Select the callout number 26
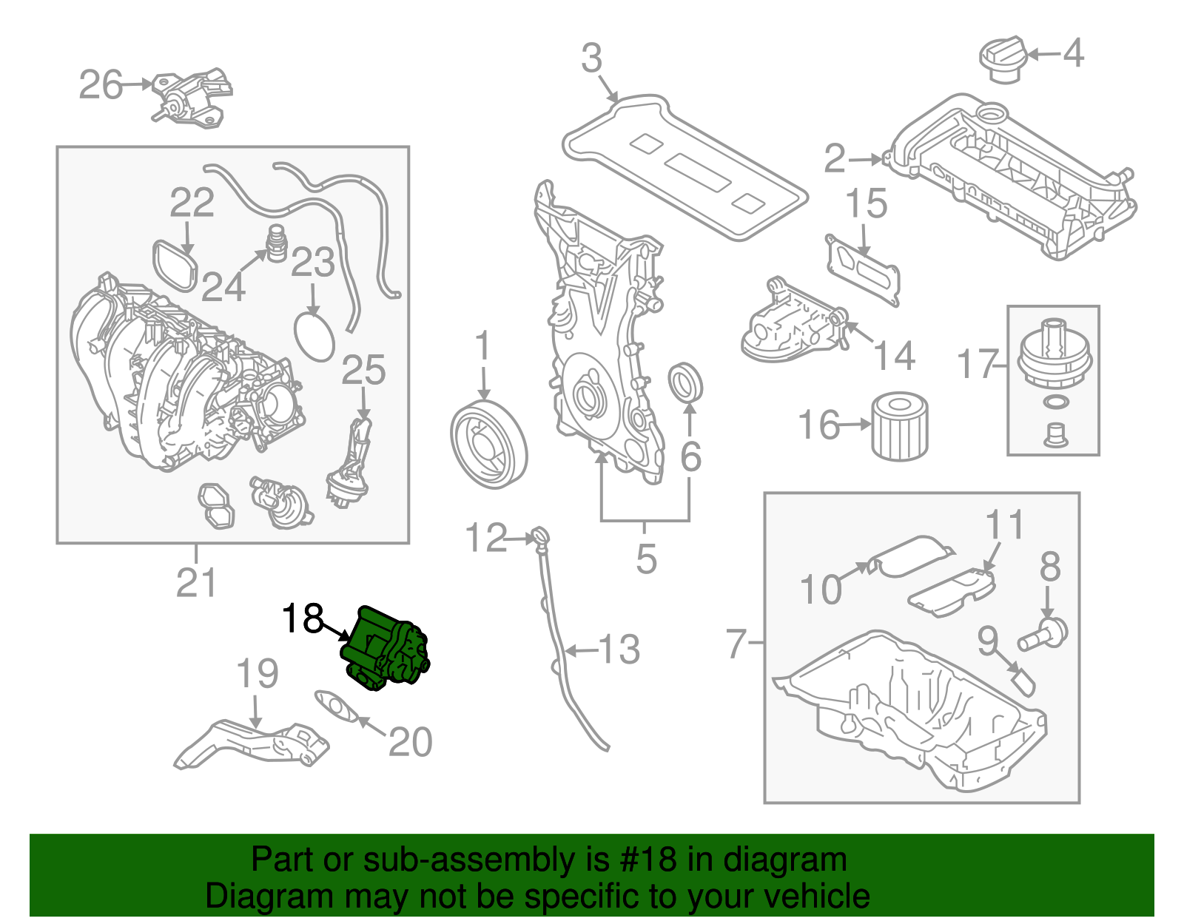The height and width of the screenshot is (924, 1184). (101, 85)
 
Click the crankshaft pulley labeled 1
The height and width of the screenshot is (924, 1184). (488, 445)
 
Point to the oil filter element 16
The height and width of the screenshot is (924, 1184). (900, 427)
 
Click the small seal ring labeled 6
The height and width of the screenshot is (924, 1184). (685, 384)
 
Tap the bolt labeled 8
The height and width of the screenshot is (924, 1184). (1045, 633)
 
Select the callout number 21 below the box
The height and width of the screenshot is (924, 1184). (196, 583)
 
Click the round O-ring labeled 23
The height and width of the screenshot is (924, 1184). (314, 338)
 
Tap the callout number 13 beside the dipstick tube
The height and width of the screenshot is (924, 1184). (619, 650)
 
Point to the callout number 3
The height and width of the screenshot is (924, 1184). (591, 58)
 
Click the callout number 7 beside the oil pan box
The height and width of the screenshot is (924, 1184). (736, 643)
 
